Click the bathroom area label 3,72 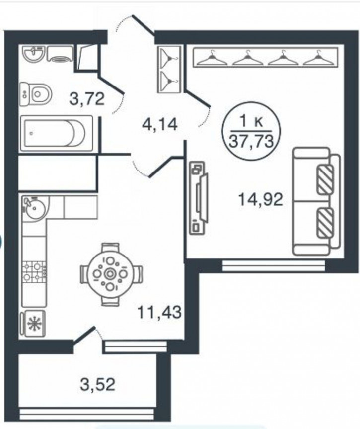coord(87,99)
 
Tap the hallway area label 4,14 coord(160,124)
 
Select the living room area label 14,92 coord(261,199)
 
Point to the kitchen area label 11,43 coord(159,312)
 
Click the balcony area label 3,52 coord(98,384)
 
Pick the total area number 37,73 coord(251,141)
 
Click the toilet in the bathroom coord(36,94)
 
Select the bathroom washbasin coord(34,54)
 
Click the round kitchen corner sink coord(35,207)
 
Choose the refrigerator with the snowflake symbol coord(33,324)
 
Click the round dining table coord(110,274)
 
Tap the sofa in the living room coord(316,201)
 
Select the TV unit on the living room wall coord(199,197)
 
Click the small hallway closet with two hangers coord(169,69)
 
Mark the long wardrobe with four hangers coord(266,57)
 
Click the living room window coord(274,265)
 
